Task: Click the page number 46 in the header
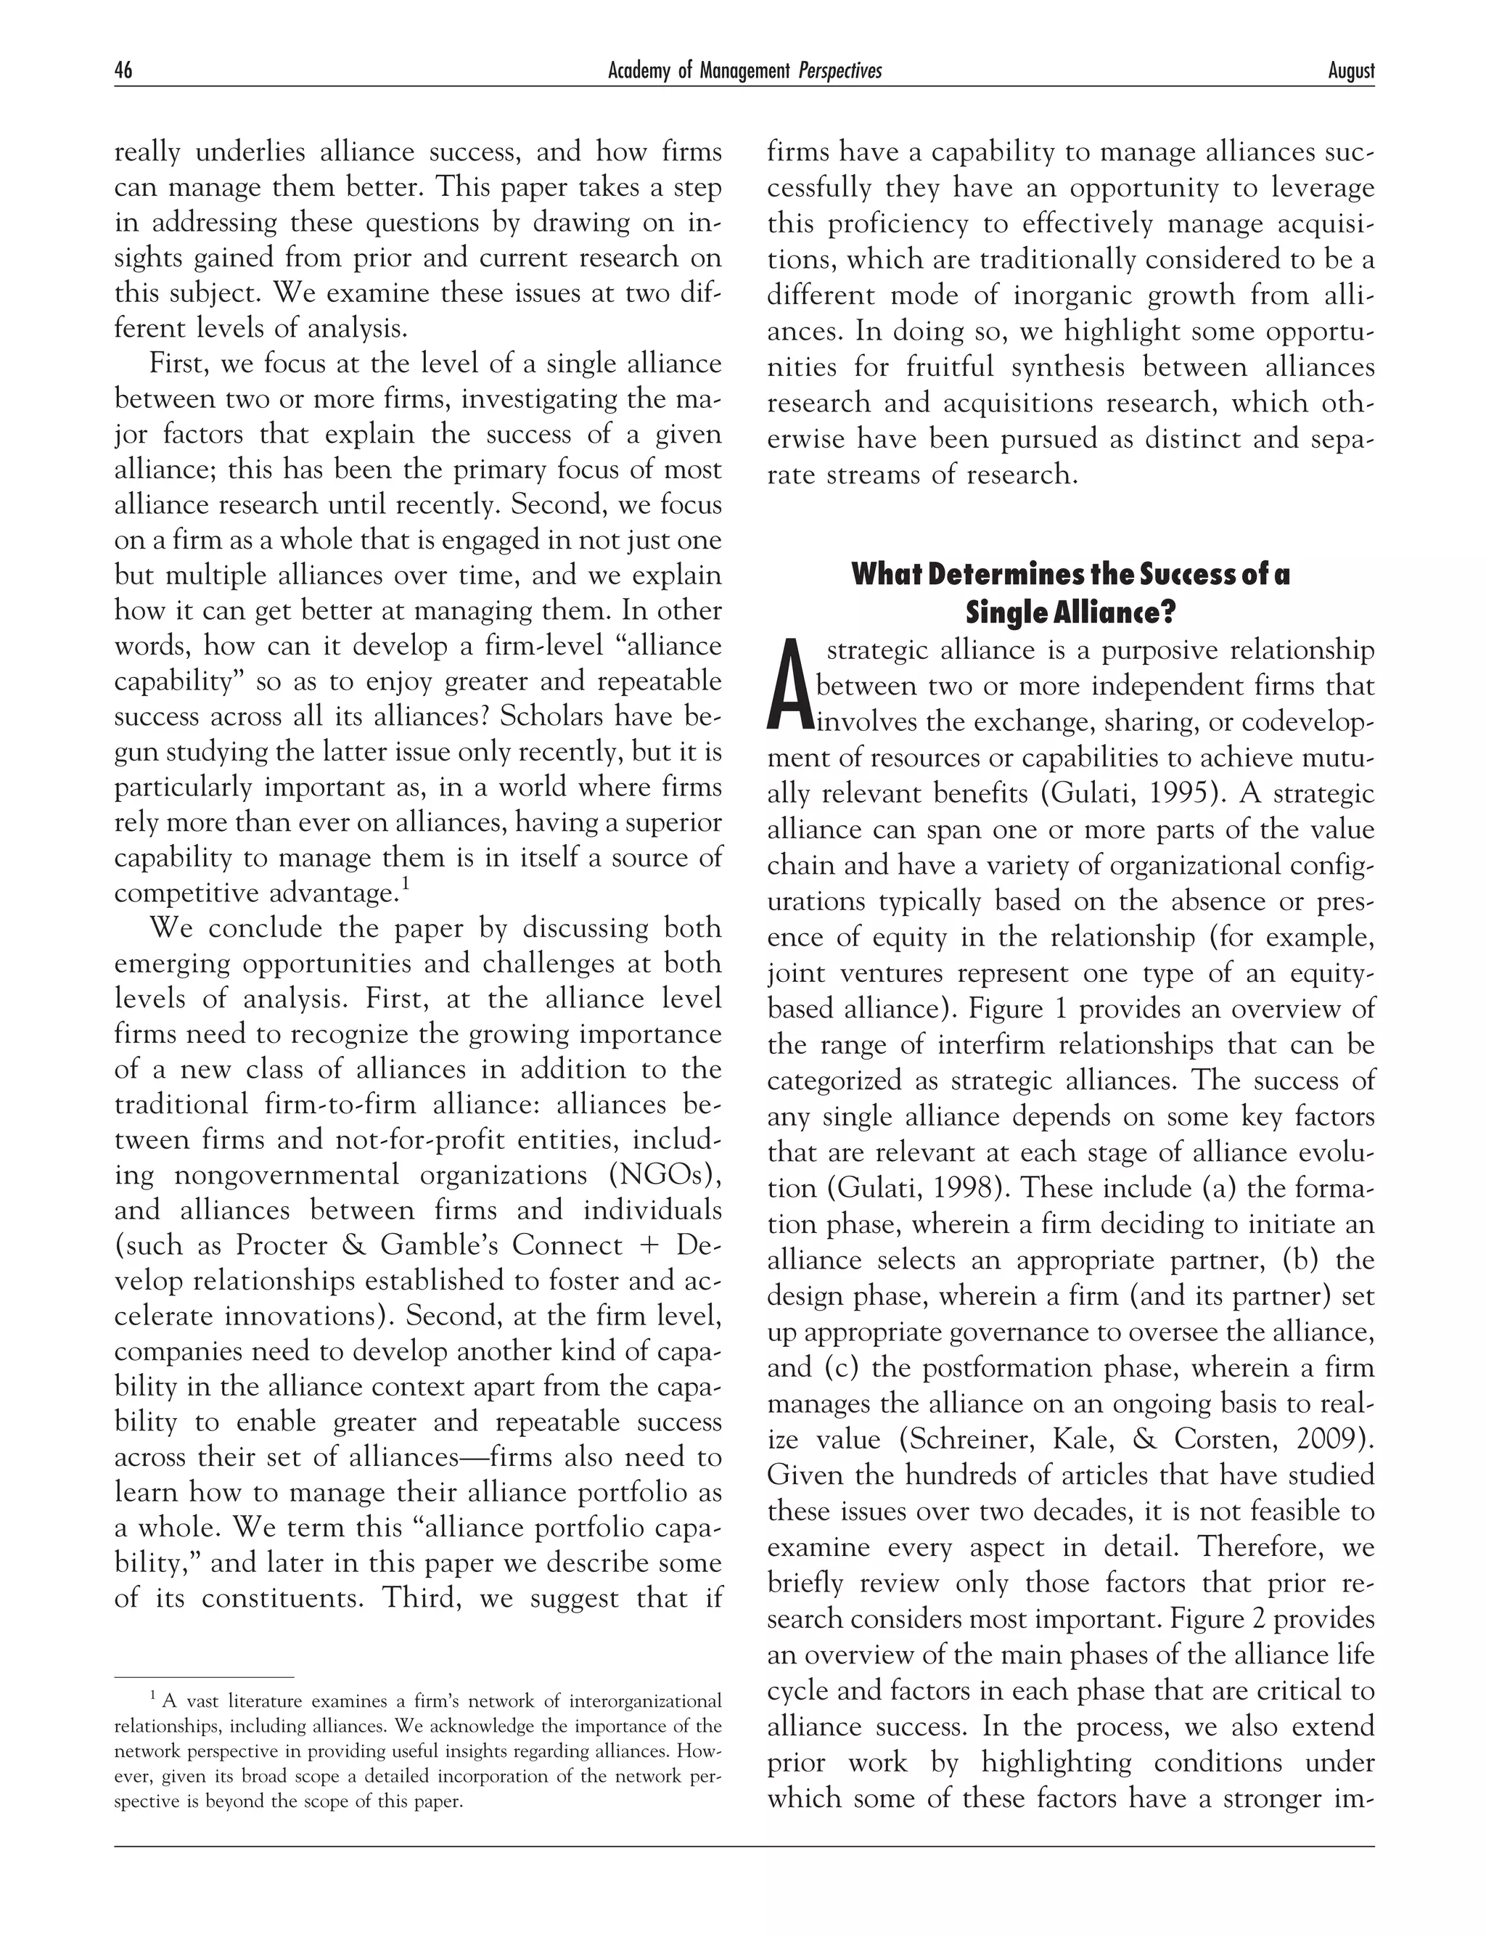click(x=123, y=70)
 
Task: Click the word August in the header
click(x=1350, y=70)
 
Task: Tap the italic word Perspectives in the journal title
click(x=840, y=70)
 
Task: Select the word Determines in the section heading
click(x=981, y=575)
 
